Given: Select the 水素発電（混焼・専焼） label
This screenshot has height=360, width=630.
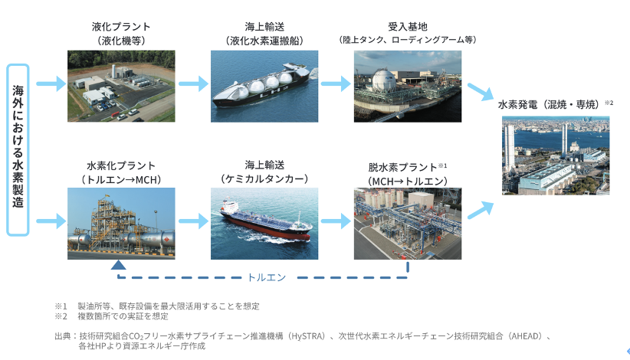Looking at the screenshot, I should pyautogui.click(x=550, y=104).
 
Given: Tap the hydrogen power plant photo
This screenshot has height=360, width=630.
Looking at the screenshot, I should pyautogui.click(x=556, y=155).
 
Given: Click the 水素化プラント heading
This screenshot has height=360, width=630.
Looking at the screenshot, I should pyautogui.click(x=121, y=165).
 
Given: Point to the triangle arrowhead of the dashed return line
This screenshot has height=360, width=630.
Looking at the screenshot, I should pyautogui.click(x=118, y=265).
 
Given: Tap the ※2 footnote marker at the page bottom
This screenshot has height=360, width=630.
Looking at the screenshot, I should pyautogui.click(x=61, y=316).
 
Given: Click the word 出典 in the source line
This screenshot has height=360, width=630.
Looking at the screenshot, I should pyautogui.click(x=62, y=335).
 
